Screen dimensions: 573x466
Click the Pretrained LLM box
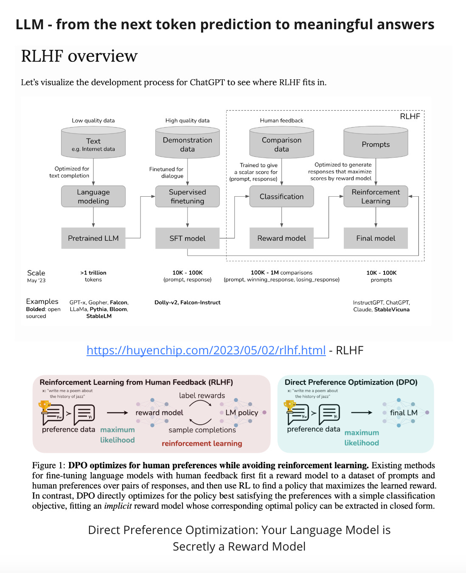[93, 238]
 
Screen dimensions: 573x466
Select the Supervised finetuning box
[187, 196]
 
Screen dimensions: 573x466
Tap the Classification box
[281, 196]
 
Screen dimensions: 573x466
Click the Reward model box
[281, 238]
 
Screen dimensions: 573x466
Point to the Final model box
[376, 238]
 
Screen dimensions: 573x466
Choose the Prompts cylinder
[376, 143]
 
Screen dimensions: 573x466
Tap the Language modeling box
[93, 196]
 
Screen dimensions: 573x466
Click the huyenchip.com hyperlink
[206, 350]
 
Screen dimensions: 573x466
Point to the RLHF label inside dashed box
[410, 117]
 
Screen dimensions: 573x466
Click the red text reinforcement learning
[202, 443]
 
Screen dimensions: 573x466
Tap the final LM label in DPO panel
[403, 412]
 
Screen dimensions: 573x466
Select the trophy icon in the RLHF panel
[44, 406]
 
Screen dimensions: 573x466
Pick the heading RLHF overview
[79, 56]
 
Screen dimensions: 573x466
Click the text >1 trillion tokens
[93, 276]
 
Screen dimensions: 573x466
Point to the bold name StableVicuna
[392, 309]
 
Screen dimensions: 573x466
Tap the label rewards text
[202, 395]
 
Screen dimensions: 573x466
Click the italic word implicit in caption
[118, 506]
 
